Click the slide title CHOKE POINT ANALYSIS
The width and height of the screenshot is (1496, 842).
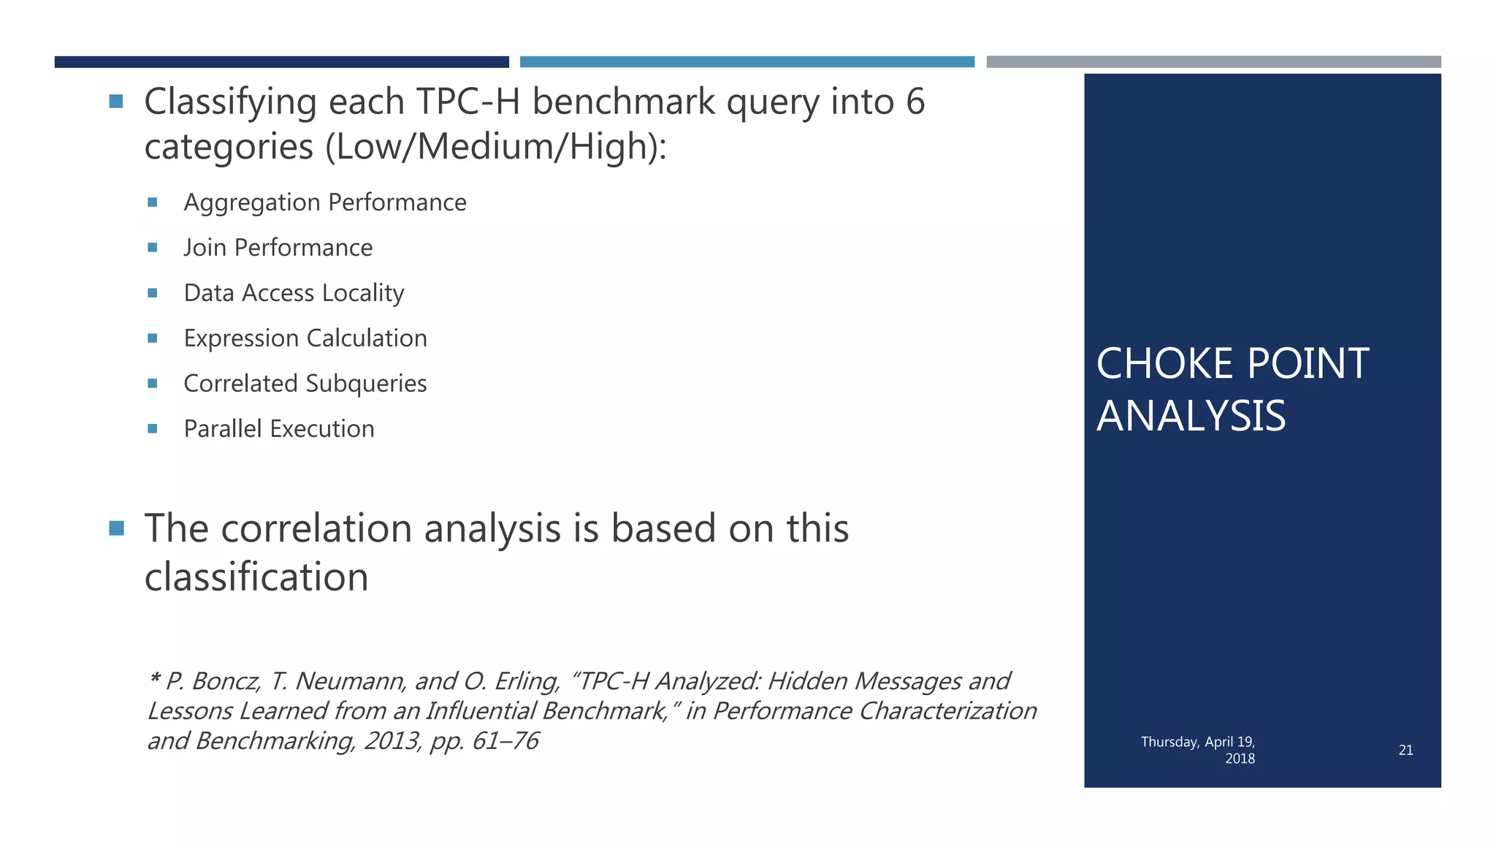click(1232, 390)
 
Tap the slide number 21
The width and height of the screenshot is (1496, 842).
click(1405, 750)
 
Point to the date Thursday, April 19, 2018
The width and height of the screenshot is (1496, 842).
click(1198, 750)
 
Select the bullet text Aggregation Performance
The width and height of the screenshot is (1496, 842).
click(324, 202)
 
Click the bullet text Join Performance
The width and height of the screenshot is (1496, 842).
click(278, 248)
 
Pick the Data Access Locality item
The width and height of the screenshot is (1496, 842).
click(294, 293)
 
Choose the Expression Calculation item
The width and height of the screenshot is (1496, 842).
click(305, 338)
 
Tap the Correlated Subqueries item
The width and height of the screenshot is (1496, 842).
click(305, 384)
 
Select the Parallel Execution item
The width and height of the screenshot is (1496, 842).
click(278, 429)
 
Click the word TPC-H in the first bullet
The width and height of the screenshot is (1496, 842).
click(467, 102)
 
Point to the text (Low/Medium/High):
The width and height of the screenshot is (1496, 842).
click(496, 147)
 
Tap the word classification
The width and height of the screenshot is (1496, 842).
click(256, 577)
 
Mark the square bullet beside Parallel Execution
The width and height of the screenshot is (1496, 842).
click(152, 429)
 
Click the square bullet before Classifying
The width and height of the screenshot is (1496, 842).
click(116, 101)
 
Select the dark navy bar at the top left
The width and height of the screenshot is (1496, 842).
click(281, 62)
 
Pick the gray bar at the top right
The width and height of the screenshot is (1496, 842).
click(1213, 62)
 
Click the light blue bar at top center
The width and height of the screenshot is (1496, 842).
click(747, 62)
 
